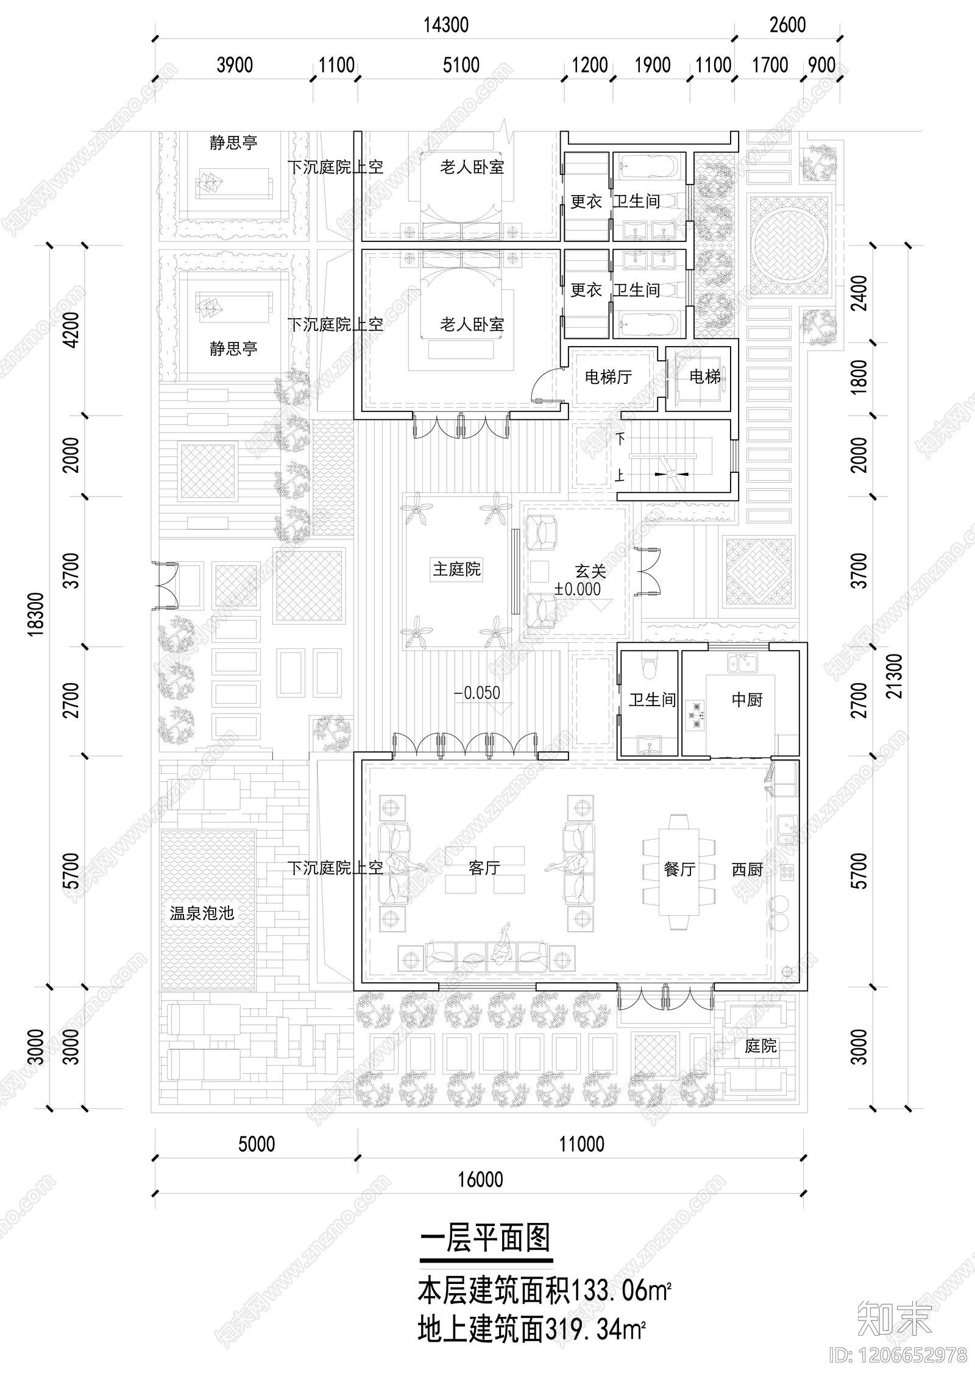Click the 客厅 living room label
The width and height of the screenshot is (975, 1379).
[484, 868]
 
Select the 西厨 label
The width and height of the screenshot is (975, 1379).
[747, 870]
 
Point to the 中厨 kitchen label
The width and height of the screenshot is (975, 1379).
[747, 700]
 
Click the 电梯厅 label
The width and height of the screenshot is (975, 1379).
[608, 377]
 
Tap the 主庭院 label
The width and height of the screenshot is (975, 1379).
[457, 569]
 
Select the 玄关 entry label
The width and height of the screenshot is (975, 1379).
[590, 572]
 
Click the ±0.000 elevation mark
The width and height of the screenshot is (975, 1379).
[577, 589]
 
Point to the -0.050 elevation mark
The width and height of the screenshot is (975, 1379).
[477, 693]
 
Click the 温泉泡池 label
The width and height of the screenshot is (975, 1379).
[202, 913]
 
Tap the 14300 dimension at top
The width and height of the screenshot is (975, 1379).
[446, 25]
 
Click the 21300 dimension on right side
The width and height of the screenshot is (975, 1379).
[893, 676]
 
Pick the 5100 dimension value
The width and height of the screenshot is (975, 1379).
[461, 65]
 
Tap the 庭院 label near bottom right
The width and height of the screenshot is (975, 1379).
[760, 1046]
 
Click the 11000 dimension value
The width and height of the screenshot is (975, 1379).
[582, 1144]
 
